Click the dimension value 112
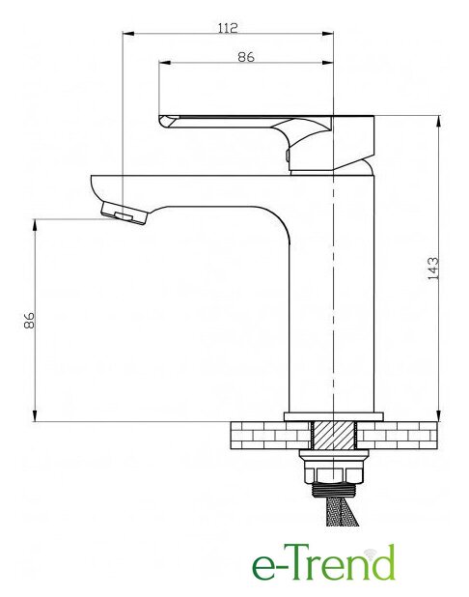pos(228,28)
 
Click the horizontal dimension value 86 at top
pos(246,57)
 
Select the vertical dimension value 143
pos(433,269)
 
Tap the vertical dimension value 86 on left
pos(29,320)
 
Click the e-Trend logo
pos(323,562)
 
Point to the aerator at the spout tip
pos(124,213)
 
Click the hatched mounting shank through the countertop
pos(334,435)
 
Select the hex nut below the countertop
pos(334,475)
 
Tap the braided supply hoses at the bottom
pos(342,511)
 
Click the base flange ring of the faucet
pos(334,416)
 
